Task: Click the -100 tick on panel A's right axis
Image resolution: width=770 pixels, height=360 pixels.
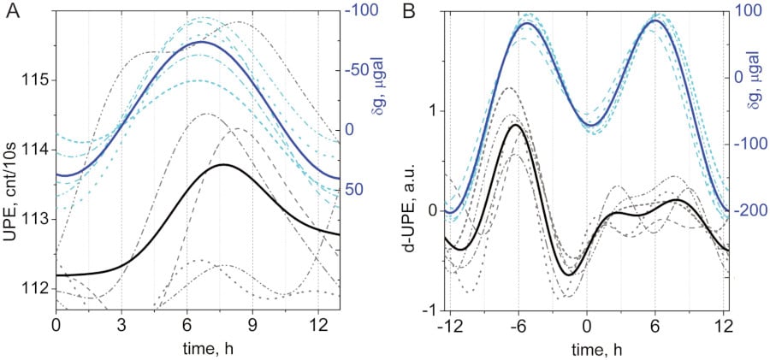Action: [363, 10]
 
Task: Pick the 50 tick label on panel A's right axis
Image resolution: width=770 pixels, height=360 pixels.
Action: [355, 190]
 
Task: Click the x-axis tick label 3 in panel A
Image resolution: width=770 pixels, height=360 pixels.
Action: [121, 326]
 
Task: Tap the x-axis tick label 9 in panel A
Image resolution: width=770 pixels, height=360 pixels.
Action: [252, 326]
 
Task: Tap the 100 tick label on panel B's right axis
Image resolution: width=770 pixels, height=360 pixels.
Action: [747, 10]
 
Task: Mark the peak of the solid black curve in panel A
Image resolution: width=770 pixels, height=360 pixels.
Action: [224, 164]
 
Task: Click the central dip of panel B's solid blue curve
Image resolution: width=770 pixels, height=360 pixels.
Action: [593, 125]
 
